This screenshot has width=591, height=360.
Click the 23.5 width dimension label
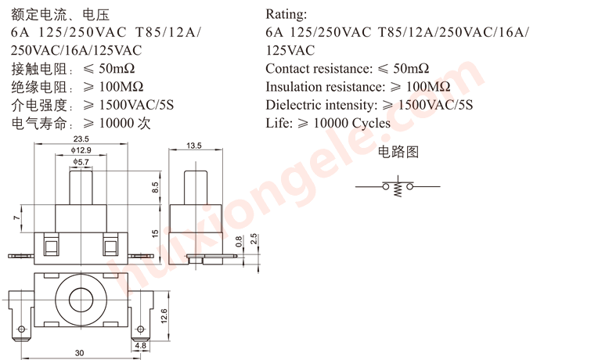tap(81, 139)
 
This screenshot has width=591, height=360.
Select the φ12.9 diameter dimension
tap(81, 150)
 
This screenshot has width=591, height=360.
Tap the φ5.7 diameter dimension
tap(81, 162)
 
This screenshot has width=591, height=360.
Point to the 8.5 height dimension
tap(155, 187)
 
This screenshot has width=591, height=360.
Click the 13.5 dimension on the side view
tap(194, 146)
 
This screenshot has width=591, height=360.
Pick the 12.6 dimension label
tap(164, 316)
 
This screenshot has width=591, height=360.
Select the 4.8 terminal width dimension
tap(141, 345)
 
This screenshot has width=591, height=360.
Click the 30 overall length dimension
tap(79, 353)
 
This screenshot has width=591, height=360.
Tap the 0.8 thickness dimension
tap(239, 242)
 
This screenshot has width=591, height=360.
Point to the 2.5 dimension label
tap(254, 239)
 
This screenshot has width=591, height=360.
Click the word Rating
tap(286, 14)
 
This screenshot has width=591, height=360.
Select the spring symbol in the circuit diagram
tap(398, 189)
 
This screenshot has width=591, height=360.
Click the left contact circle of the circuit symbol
tap(386, 186)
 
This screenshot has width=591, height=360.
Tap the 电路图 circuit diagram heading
tap(398, 152)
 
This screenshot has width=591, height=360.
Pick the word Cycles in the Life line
tap(371, 124)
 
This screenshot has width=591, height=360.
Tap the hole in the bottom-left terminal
tap(21, 329)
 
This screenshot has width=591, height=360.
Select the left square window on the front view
tap(50, 247)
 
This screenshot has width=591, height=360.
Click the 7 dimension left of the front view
tap(16, 218)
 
